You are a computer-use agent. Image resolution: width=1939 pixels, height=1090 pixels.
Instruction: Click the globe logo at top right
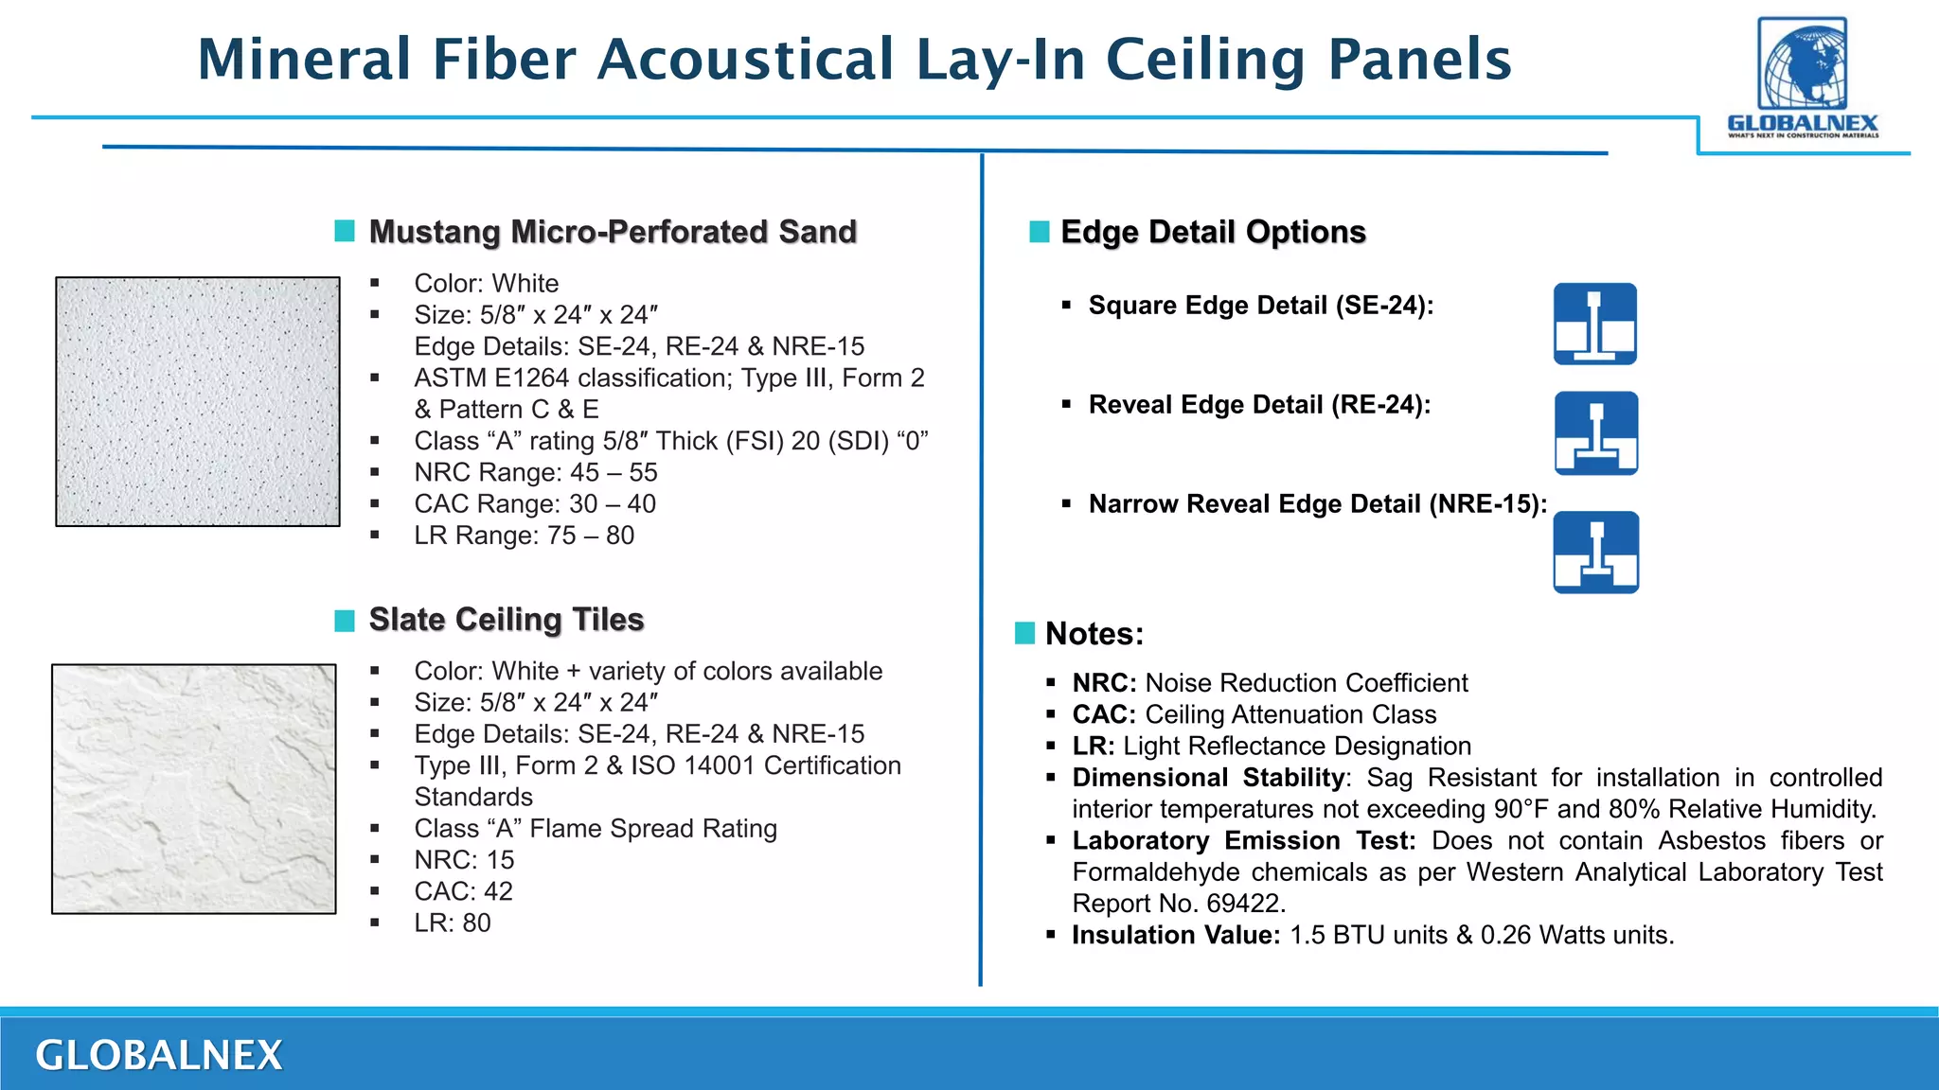(1802, 64)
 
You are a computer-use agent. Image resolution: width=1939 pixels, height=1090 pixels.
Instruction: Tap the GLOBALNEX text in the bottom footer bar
(159, 1055)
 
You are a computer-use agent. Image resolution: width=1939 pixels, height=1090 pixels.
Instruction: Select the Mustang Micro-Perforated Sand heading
(613, 232)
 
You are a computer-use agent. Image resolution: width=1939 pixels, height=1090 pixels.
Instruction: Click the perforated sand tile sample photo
(198, 401)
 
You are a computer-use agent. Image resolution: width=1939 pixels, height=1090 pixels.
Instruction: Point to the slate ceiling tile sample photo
(194, 788)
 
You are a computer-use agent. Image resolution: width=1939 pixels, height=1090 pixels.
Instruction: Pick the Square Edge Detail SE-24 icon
(1595, 324)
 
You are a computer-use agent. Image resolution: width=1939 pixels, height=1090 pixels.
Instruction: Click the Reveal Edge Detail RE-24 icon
(1596, 432)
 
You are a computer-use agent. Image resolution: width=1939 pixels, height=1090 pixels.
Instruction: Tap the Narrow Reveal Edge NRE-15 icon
(1596, 552)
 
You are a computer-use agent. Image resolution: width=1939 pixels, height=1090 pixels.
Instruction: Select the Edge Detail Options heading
(1213, 232)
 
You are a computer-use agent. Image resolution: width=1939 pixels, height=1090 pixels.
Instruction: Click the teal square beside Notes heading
(1024, 633)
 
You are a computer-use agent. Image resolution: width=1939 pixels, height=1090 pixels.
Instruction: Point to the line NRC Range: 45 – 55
(535, 472)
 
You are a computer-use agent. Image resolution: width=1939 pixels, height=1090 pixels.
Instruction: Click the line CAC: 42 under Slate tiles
(463, 891)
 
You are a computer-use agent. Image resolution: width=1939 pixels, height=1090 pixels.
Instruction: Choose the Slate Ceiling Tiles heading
(507, 620)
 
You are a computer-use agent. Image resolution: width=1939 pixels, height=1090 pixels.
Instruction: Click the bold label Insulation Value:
(1176, 935)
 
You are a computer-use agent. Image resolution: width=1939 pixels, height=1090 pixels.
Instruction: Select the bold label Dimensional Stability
(1208, 778)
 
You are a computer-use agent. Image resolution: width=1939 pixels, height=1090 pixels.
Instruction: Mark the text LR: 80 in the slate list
(453, 923)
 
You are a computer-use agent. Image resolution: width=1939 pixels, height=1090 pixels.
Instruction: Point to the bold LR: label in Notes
(1093, 746)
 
